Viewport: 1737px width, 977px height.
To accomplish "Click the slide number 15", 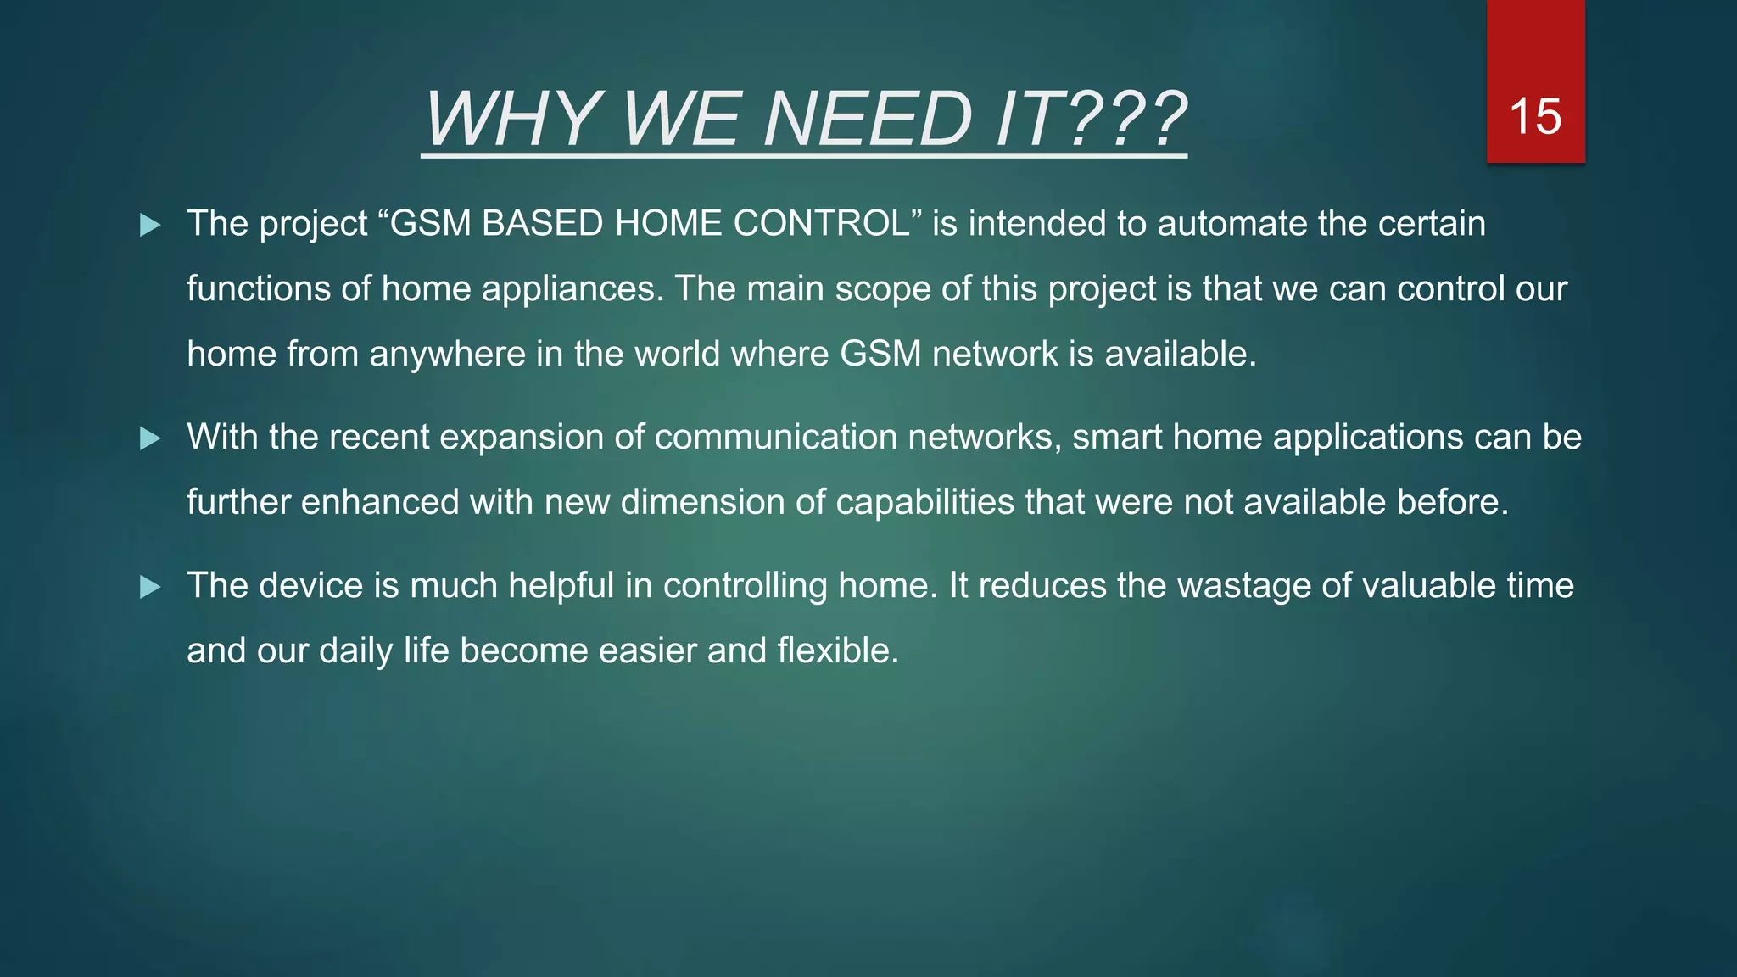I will pyautogui.click(x=1535, y=116).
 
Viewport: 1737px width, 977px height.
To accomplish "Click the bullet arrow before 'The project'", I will pyautogui.click(x=150, y=225).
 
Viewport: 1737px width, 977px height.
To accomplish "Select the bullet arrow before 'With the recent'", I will pyautogui.click(x=150, y=438).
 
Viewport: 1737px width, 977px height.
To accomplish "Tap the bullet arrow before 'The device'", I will pyautogui.click(x=150, y=587).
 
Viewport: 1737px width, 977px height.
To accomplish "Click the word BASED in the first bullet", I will pyautogui.click(x=542, y=224).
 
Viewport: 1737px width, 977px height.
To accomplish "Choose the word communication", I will pyautogui.click(x=775, y=438).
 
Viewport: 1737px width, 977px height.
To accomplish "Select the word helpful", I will pyautogui.click(x=561, y=586).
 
